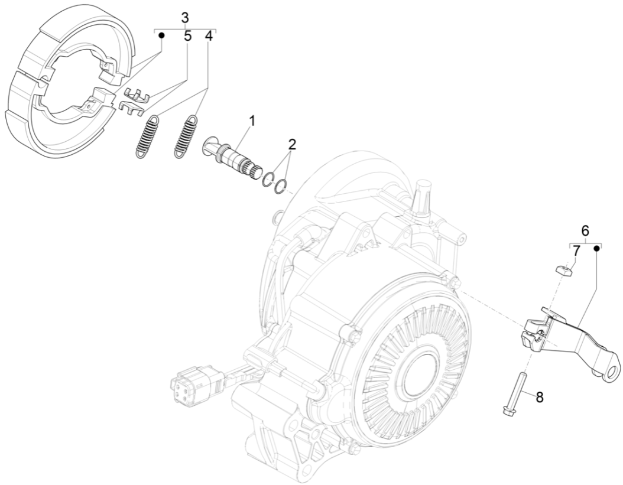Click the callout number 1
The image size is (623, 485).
[252, 121]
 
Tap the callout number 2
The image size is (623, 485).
[291, 145]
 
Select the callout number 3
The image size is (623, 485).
[186, 17]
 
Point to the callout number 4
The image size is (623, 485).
[208, 36]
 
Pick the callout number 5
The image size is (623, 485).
[187, 36]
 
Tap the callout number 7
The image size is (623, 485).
[576, 250]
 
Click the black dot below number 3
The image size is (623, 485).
[161, 35]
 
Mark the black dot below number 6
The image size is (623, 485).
[596, 249]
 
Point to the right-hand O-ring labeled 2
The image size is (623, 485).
[282, 184]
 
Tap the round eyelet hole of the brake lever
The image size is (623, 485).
[614, 369]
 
